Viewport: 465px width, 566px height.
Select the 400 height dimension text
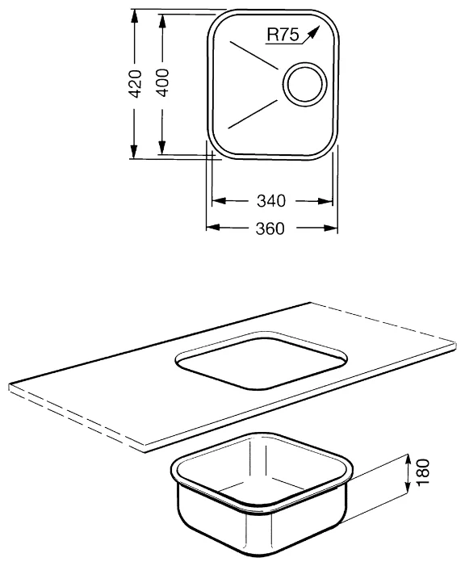(x=162, y=82)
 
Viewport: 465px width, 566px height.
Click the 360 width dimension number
(x=271, y=228)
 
